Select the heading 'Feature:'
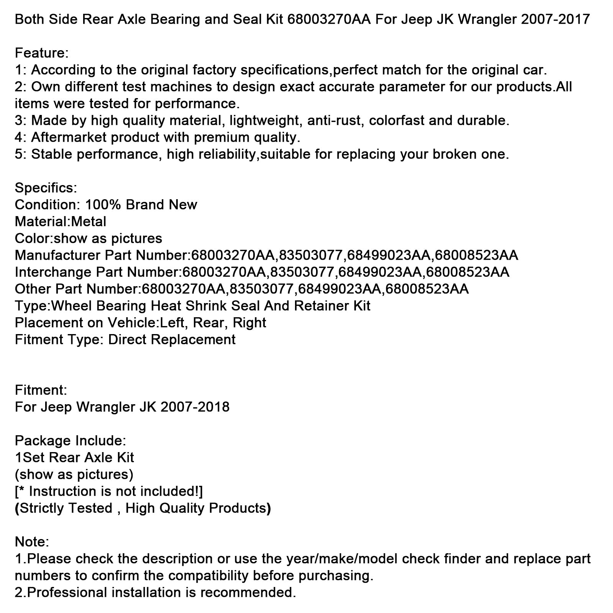click(41, 53)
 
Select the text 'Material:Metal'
click(61, 221)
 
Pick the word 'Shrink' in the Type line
click(206, 306)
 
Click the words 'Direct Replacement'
click(172, 339)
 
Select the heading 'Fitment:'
click(41, 390)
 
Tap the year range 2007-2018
click(195, 407)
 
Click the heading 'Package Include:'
click(70, 441)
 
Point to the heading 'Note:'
click(32, 542)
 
